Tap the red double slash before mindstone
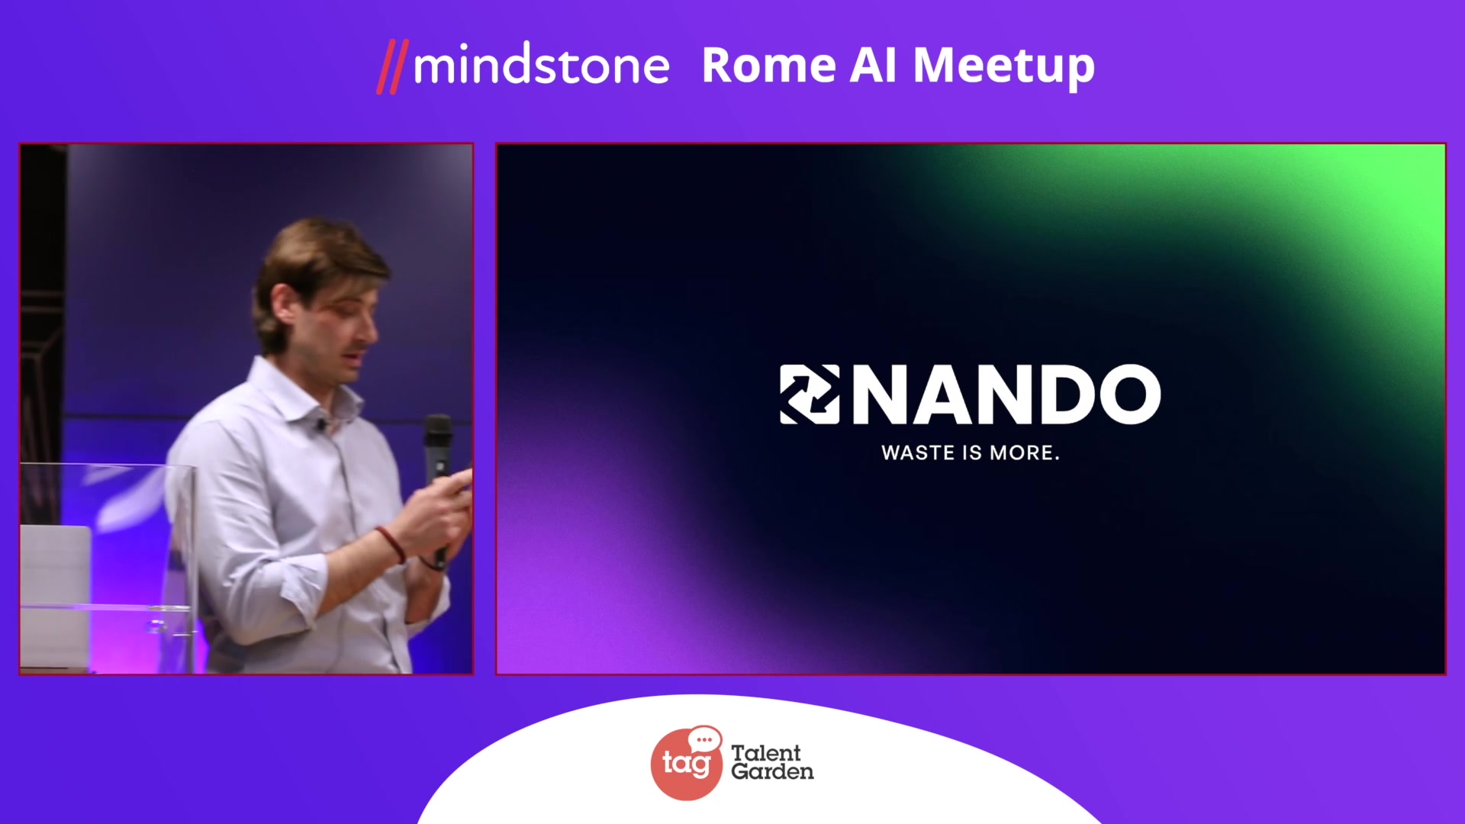click(393, 66)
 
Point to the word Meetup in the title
click(1004, 67)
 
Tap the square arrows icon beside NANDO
click(810, 394)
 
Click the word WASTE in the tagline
click(919, 452)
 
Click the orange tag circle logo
click(684, 765)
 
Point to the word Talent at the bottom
click(765, 752)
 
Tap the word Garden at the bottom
click(772, 771)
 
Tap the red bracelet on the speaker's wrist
click(391, 544)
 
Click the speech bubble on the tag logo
click(704, 739)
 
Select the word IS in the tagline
click(972, 452)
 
